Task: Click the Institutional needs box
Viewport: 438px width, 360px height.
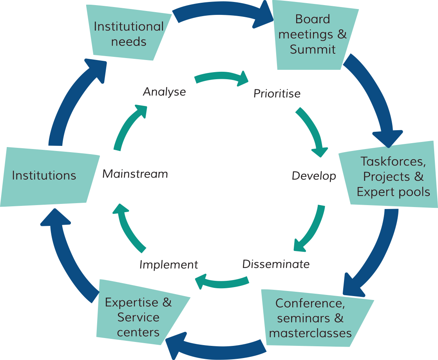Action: (x=129, y=33)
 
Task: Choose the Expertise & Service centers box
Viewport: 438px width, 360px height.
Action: (x=138, y=317)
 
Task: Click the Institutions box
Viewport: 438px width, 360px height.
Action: (x=44, y=175)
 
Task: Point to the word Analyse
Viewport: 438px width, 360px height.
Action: (x=164, y=92)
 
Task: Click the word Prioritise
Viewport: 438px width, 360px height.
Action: (x=277, y=94)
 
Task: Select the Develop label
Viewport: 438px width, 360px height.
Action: (x=314, y=176)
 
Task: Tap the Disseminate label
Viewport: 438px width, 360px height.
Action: (x=276, y=264)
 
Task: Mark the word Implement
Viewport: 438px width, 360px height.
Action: (x=169, y=265)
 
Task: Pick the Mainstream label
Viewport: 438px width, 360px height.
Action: (x=135, y=174)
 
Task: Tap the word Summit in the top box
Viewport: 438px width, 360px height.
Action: (x=313, y=49)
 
